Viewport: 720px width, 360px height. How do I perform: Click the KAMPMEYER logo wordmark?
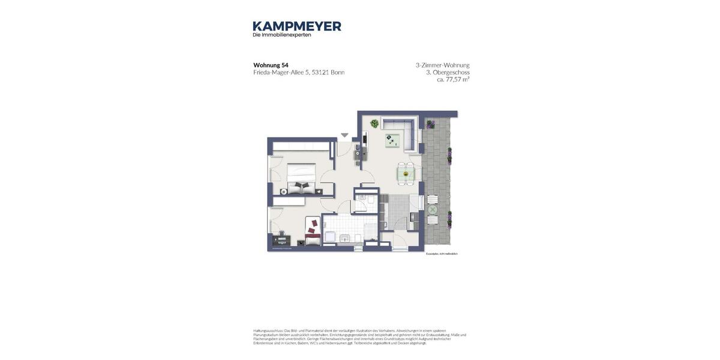point(297,26)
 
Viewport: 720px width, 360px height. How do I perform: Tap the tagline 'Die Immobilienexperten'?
point(281,35)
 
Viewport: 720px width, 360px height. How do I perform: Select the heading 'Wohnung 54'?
point(271,65)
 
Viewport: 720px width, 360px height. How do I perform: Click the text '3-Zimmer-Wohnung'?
point(442,65)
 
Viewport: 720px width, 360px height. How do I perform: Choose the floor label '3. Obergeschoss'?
point(448,72)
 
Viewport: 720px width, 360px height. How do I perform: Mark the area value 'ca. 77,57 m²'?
point(453,79)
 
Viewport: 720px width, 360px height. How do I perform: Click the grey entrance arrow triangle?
point(344,135)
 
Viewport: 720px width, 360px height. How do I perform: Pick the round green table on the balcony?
point(432,209)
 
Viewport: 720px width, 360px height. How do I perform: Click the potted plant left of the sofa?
point(374,124)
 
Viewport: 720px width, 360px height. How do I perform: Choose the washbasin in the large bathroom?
point(344,239)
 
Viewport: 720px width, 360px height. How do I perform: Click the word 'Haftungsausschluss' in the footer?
point(268,331)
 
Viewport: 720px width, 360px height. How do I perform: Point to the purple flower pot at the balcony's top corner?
point(431,124)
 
